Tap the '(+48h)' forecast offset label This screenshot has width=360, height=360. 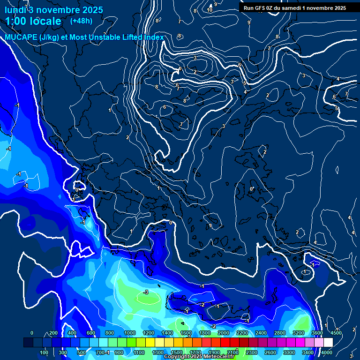click(81, 21)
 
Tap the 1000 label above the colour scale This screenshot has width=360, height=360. click(130, 333)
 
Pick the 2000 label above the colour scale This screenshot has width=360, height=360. click(224, 333)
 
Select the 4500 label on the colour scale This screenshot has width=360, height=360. click(336, 333)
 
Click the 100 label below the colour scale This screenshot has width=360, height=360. click(44, 352)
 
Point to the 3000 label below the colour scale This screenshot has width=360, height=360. click(289, 352)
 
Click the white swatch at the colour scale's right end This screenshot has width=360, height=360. click(328, 343)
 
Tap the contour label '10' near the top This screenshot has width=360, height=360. click(210, 10)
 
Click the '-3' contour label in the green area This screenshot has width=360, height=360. click(145, 292)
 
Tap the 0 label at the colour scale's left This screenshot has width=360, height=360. click(31, 333)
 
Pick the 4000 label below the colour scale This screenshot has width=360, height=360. click(327, 352)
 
